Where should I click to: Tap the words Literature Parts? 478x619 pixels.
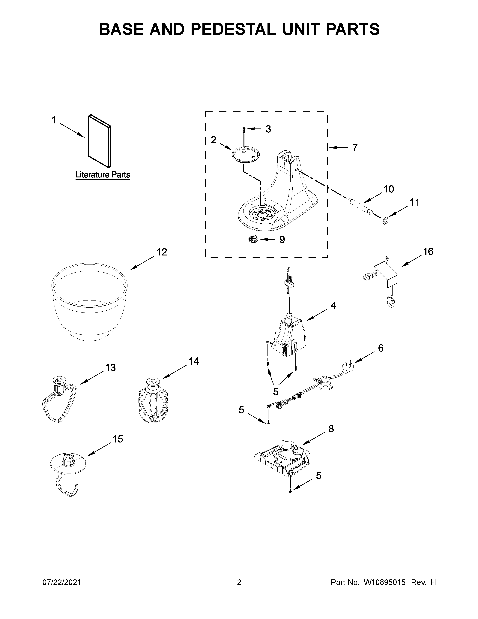tap(103, 175)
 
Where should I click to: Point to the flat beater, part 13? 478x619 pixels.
tap(59, 400)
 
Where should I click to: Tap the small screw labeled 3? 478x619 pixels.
tap(243, 130)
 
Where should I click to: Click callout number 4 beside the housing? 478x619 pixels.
tap(333, 306)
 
